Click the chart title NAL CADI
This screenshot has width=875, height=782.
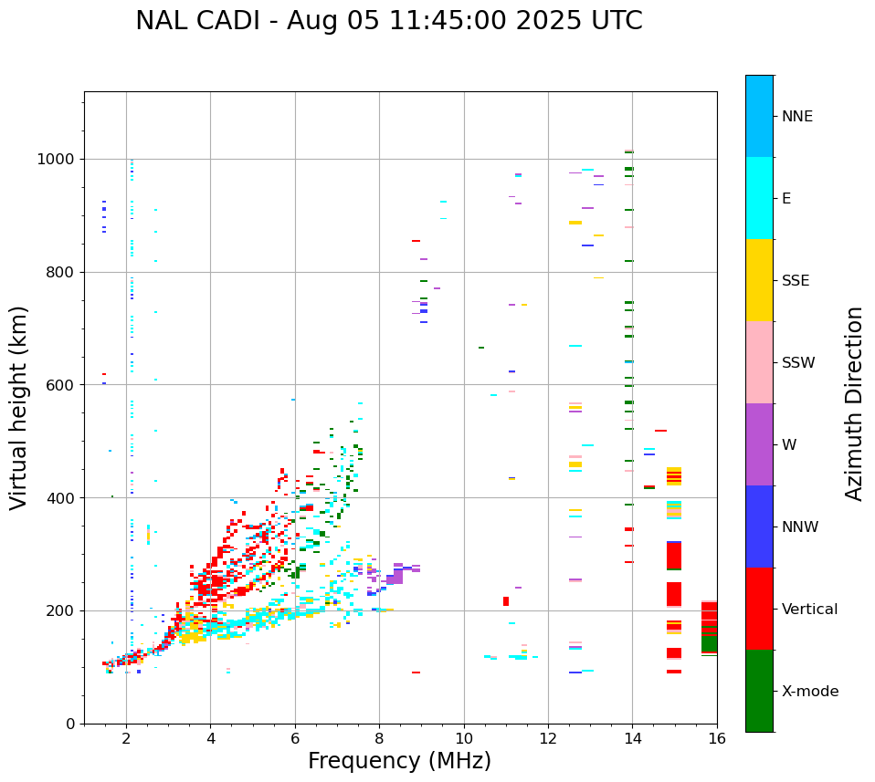point(388,21)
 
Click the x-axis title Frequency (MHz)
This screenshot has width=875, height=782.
point(399,761)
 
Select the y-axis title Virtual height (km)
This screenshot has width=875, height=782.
point(19,407)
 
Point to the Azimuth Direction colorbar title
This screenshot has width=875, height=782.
point(854,402)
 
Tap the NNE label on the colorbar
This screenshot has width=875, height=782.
point(796,117)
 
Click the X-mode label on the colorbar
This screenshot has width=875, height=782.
point(809,692)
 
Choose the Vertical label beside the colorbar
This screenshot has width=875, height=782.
point(809,610)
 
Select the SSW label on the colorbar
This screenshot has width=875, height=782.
point(798,363)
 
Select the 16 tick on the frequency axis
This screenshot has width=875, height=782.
point(716,738)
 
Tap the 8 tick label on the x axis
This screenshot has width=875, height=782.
point(379,738)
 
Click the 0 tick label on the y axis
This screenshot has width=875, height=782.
point(69,724)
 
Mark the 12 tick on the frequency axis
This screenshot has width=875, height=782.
point(548,738)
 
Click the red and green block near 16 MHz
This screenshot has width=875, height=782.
point(709,627)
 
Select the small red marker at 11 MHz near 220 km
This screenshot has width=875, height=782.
point(506,601)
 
